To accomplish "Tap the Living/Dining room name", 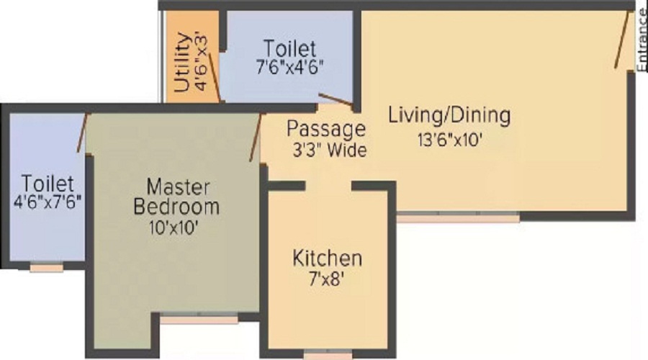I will [x=449, y=115].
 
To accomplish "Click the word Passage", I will [x=326, y=130].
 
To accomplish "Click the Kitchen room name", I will [x=327, y=258].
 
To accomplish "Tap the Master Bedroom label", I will [x=177, y=197].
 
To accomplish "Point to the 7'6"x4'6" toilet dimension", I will [x=289, y=69].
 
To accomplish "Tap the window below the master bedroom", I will [x=199, y=319].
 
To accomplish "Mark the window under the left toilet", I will [x=46, y=268].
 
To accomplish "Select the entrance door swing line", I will [x=624, y=40].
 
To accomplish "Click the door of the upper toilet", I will [x=336, y=100].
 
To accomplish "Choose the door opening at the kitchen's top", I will [x=328, y=186].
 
